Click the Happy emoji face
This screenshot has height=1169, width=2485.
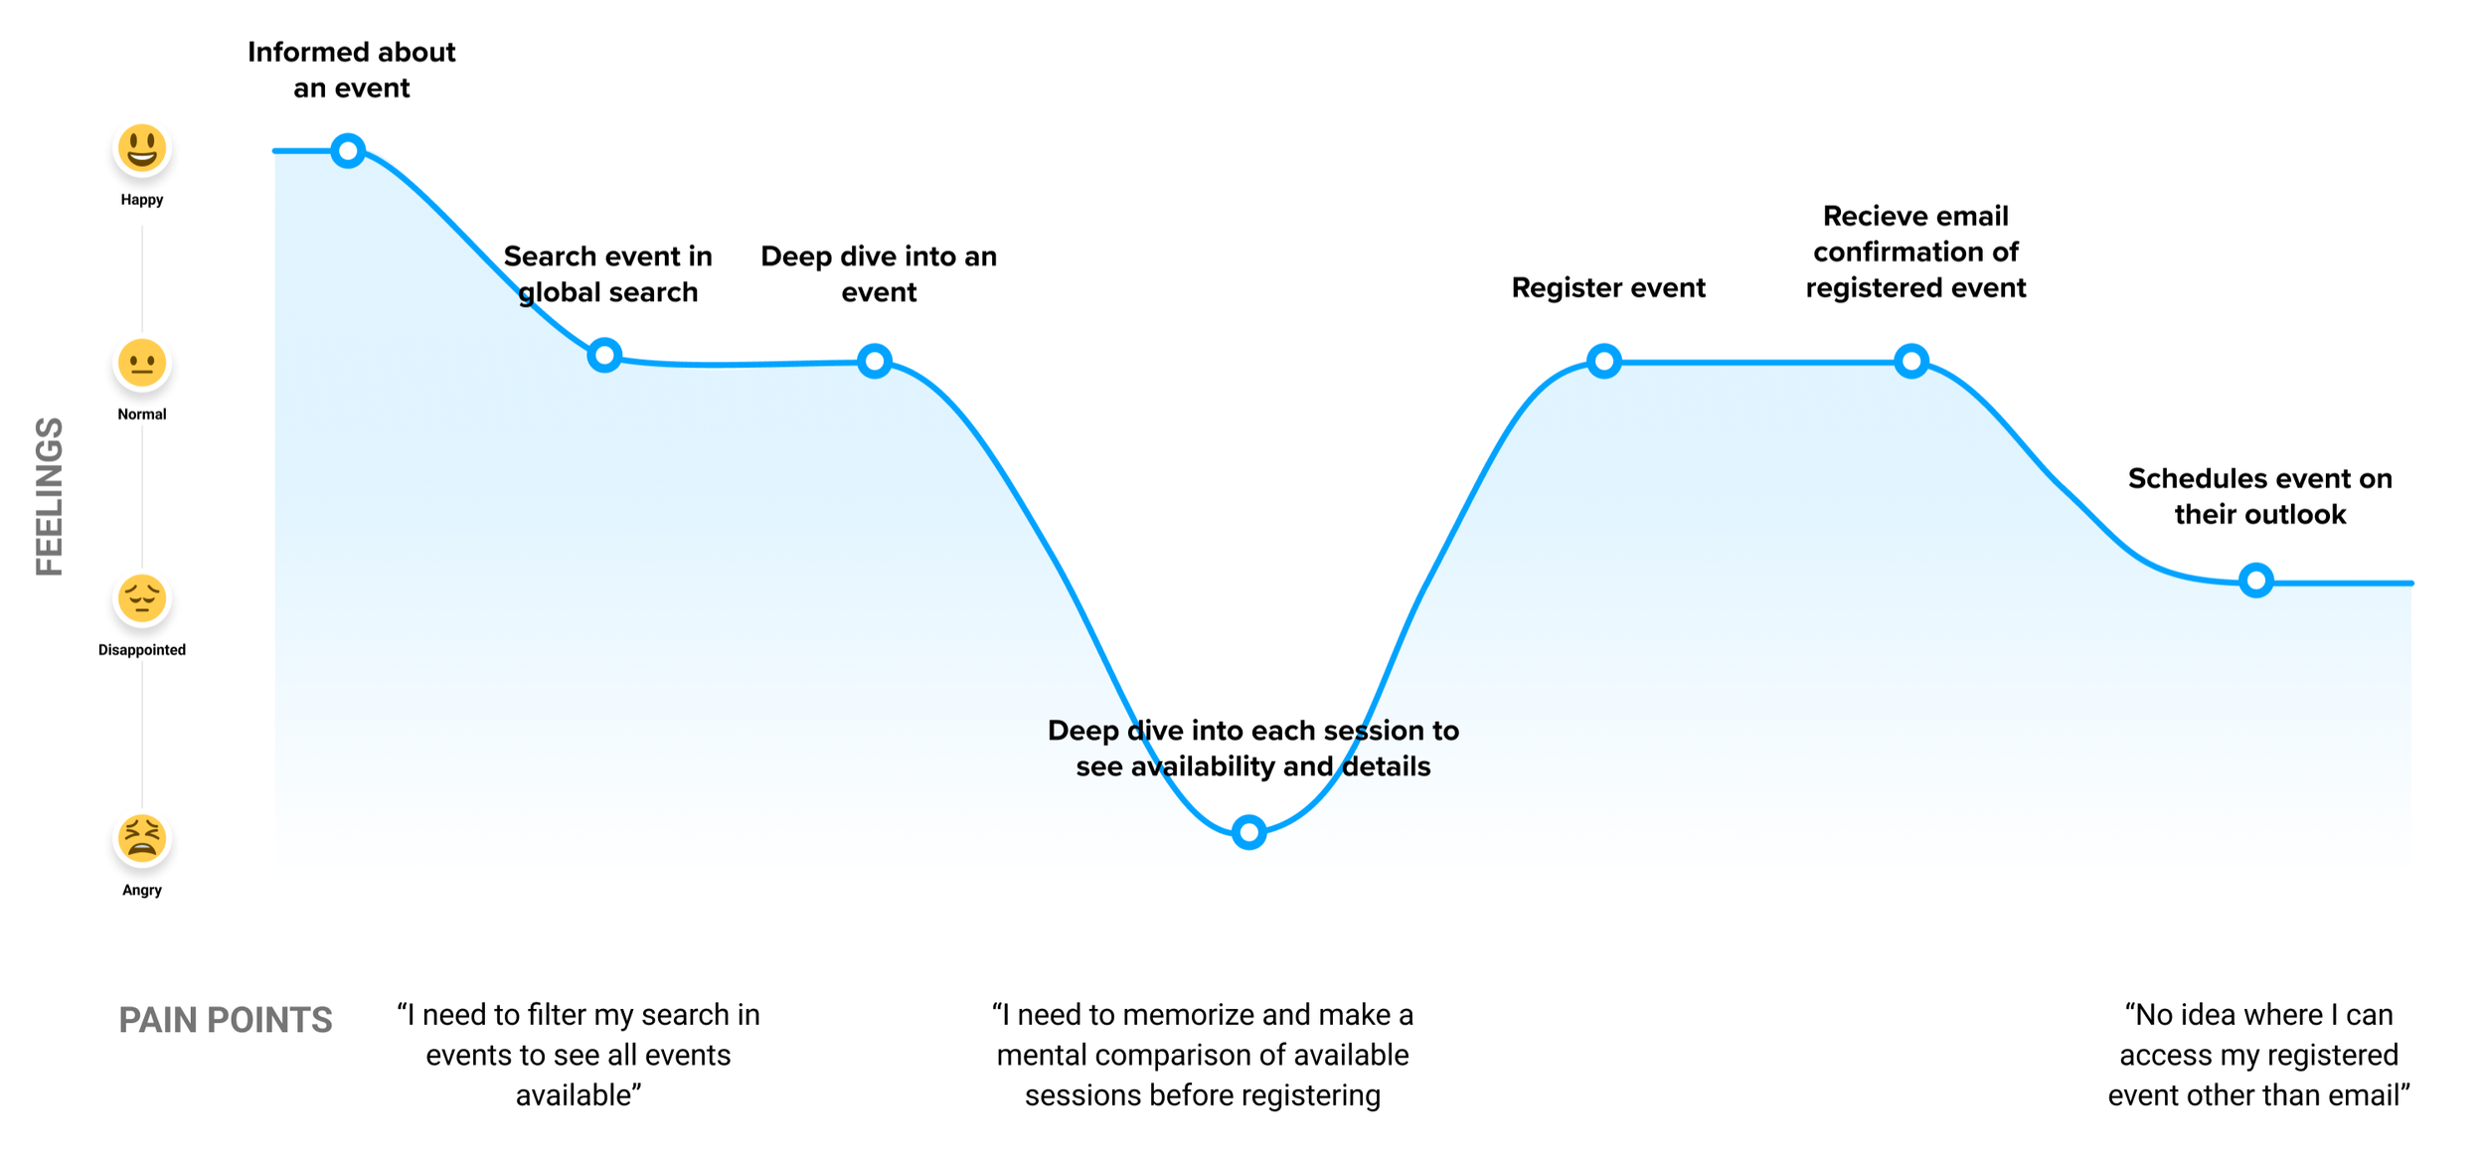142,149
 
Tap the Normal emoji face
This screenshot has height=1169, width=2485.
142,363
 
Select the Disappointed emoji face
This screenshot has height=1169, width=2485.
142,598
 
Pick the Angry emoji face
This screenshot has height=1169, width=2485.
142,838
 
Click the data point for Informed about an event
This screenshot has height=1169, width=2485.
348,151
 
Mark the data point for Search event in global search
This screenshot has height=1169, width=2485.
604,355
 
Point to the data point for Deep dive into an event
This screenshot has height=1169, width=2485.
875,361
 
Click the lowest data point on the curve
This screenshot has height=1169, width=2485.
1248,831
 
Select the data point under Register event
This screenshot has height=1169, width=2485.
1604,361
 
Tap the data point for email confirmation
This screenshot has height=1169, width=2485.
1911,361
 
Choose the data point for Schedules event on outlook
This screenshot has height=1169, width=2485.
2256,580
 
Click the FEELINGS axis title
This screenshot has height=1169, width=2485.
50,496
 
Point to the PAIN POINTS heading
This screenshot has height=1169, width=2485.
226,1020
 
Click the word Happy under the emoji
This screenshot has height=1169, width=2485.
142,200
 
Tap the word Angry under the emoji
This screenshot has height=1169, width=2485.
142,890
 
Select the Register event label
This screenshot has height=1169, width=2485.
1608,287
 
